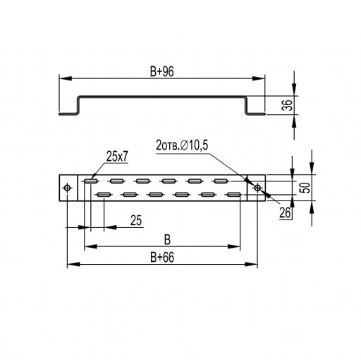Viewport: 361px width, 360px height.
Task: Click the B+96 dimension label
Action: [x=162, y=71]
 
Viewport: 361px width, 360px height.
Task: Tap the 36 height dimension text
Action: [x=287, y=105]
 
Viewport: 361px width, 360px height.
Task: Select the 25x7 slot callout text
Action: [x=117, y=157]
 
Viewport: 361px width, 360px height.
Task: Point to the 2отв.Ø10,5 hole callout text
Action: [x=182, y=145]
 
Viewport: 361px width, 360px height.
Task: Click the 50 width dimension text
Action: [x=305, y=188]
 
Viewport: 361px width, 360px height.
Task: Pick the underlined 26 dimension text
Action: [x=285, y=213]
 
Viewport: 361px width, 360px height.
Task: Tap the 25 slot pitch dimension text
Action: [x=136, y=220]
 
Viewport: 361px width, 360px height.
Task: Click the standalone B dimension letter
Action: [x=167, y=240]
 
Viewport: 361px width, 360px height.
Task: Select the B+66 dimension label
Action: [x=162, y=258]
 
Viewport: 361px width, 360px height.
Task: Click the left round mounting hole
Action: [x=68, y=188]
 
